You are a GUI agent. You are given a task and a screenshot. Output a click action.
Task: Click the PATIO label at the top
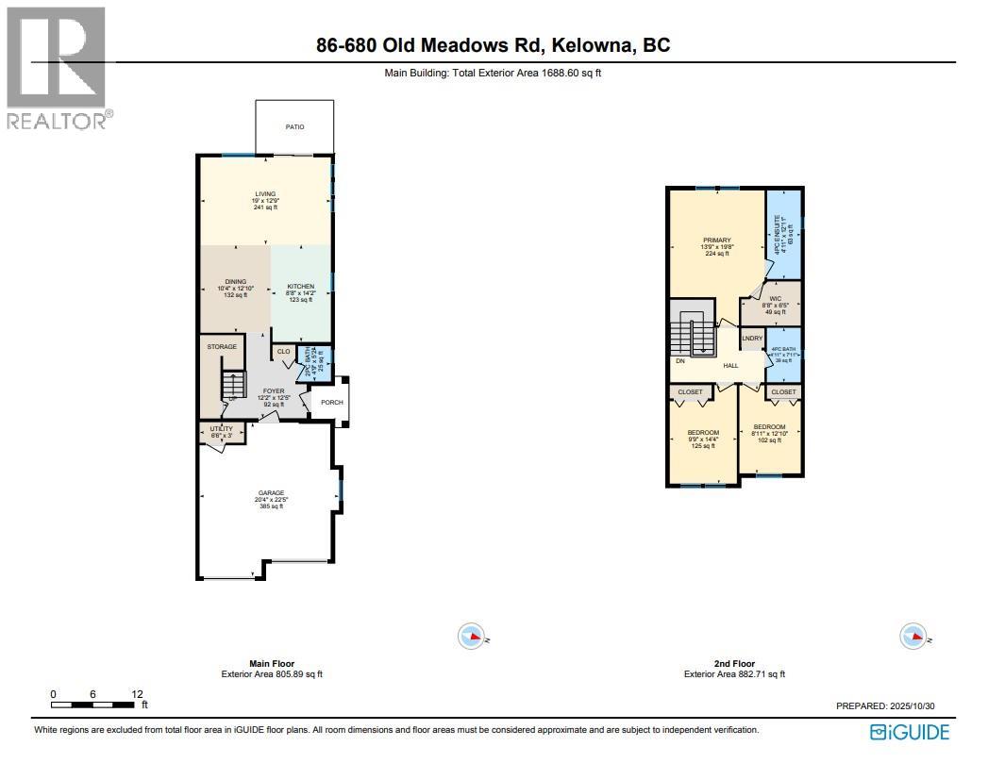tap(294, 127)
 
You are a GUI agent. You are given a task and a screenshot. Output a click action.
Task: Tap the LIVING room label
tap(265, 194)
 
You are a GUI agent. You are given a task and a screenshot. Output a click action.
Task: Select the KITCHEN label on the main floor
tap(300, 286)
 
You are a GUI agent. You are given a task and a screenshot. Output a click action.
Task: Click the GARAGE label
tap(272, 492)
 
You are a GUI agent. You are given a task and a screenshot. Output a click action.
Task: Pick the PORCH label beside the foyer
tap(332, 403)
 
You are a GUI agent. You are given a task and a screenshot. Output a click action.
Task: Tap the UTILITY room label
tap(219, 429)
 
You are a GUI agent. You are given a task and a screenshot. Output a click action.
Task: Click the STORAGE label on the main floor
tap(222, 347)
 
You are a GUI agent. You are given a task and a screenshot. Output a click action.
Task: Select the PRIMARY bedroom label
tap(716, 241)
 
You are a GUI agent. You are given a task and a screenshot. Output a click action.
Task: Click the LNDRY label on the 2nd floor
tap(752, 338)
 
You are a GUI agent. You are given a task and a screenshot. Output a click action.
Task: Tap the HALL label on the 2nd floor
tap(730, 365)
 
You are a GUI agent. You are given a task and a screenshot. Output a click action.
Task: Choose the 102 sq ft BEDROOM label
tap(769, 426)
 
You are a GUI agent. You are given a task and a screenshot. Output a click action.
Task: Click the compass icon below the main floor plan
tap(470, 637)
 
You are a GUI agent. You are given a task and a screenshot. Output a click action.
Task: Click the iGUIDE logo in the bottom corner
tap(910, 732)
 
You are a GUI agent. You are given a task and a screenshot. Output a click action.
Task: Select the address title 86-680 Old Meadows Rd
tap(435, 46)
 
